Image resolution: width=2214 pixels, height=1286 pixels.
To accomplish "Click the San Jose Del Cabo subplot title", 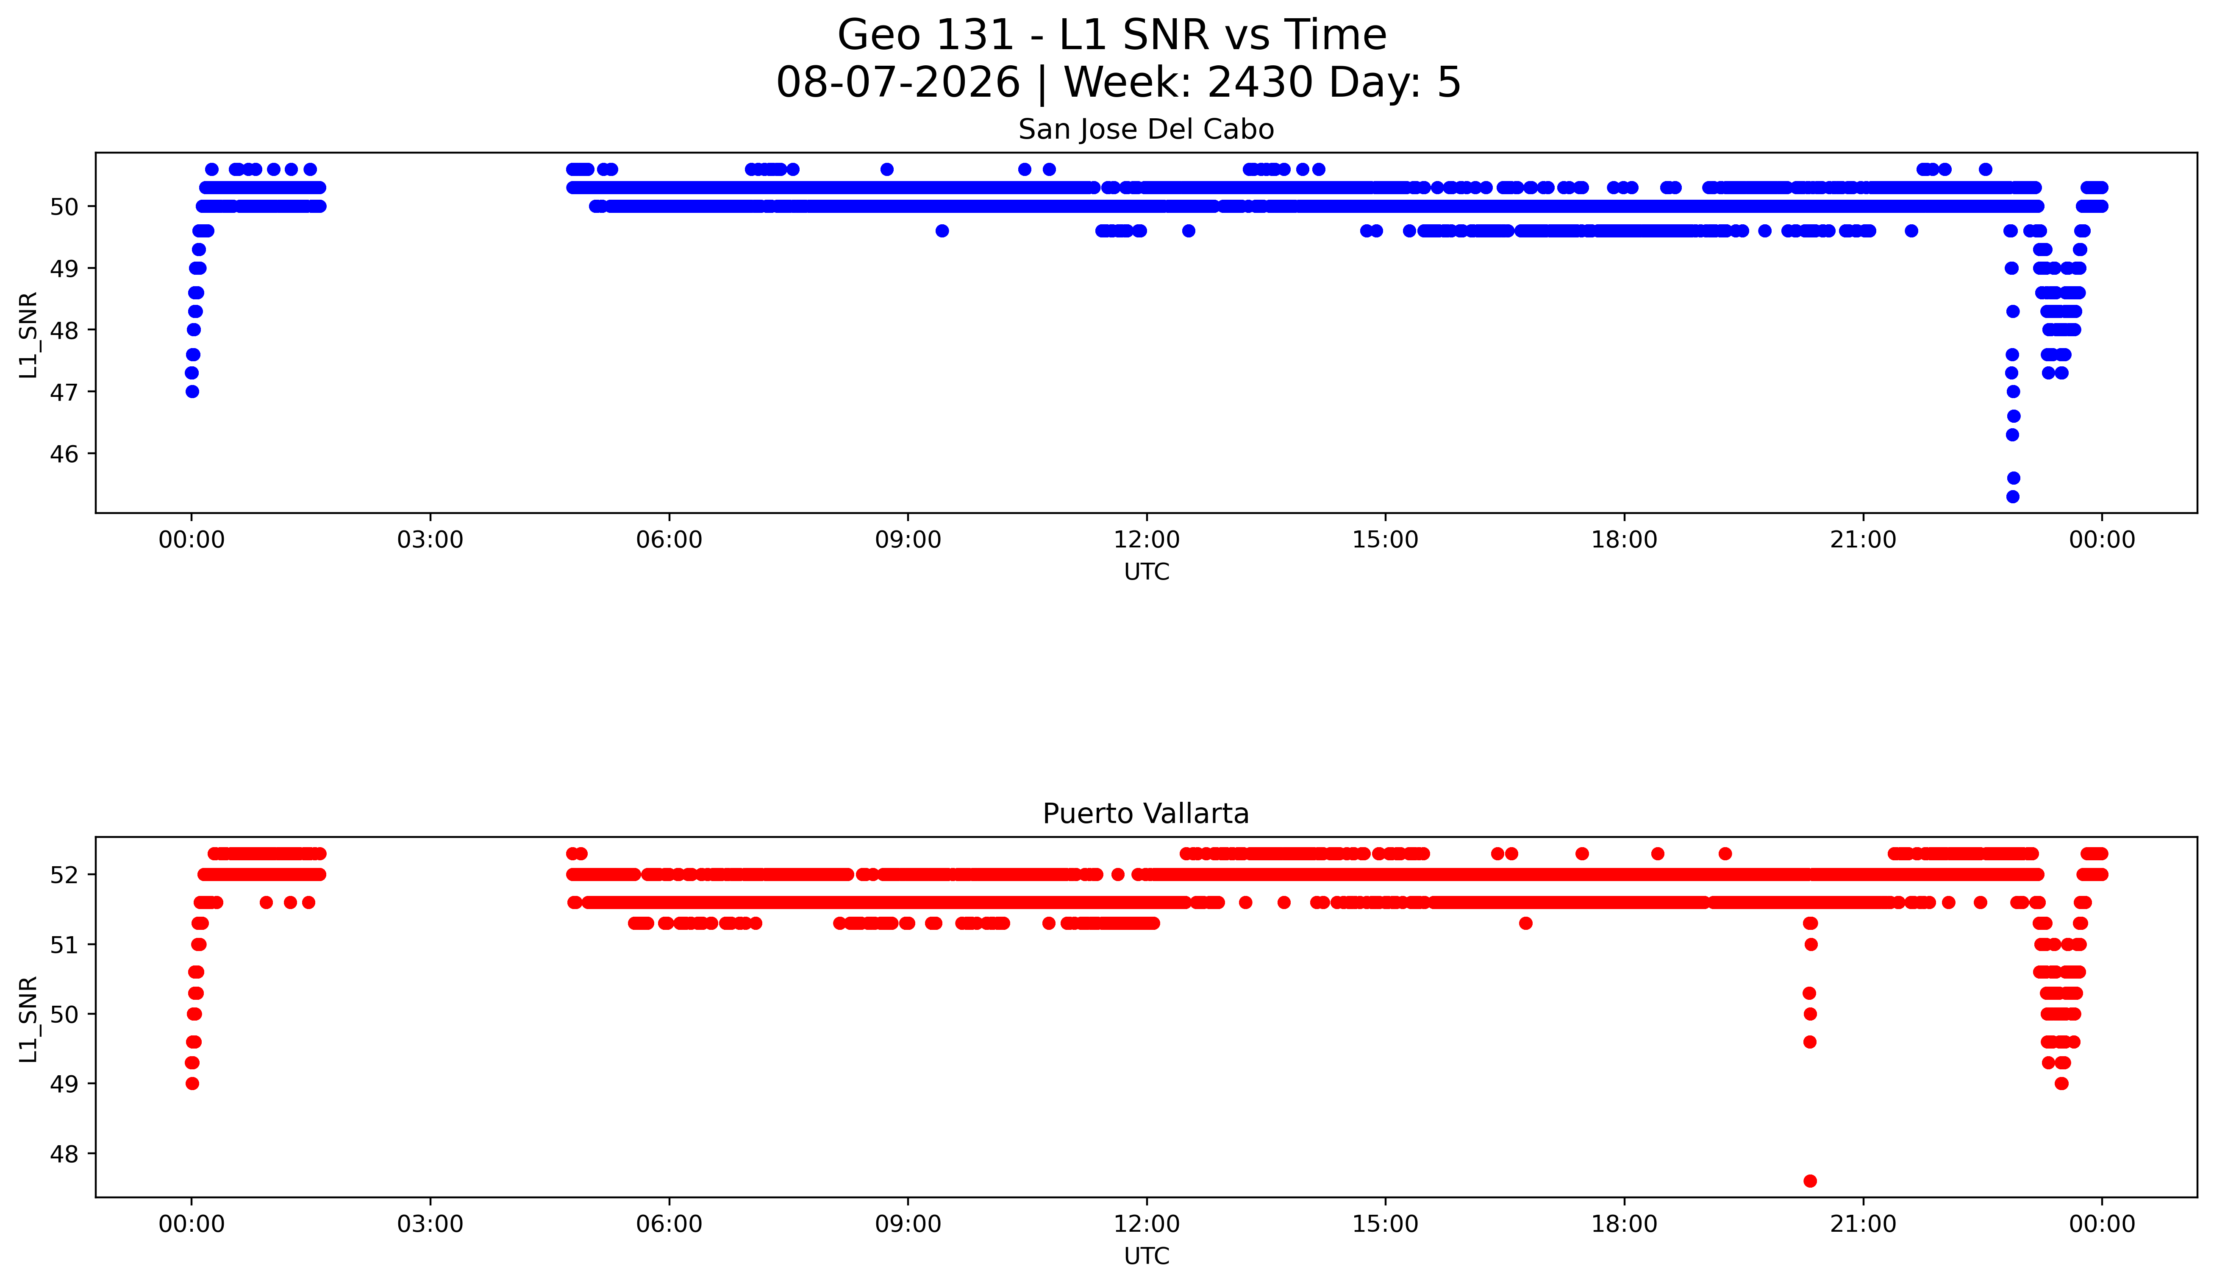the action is (x=1146, y=130).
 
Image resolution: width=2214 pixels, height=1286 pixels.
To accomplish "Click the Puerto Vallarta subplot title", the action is (x=1146, y=814).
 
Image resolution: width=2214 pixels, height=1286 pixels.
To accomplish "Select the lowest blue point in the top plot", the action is (x=2013, y=497).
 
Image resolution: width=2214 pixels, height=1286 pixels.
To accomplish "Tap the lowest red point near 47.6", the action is (x=1810, y=1180).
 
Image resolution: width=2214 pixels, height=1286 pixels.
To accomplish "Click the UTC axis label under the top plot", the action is (x=1147, y=572).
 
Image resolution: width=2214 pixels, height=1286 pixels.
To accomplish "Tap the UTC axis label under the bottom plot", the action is (x=1147, y=1256).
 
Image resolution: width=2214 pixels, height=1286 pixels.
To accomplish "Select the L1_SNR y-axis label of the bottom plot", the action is (x=28, y=1019).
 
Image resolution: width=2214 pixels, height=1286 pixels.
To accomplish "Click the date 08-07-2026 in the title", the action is (x=898, y=83).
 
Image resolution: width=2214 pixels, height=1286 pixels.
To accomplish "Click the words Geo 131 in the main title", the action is (x=925, y=36).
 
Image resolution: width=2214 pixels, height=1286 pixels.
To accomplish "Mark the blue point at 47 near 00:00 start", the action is (x=192, y=391).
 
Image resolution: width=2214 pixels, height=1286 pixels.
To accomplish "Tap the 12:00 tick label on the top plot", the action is (x=1147, y=540).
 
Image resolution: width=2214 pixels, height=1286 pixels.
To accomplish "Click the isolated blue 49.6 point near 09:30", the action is (x=942, y=231).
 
